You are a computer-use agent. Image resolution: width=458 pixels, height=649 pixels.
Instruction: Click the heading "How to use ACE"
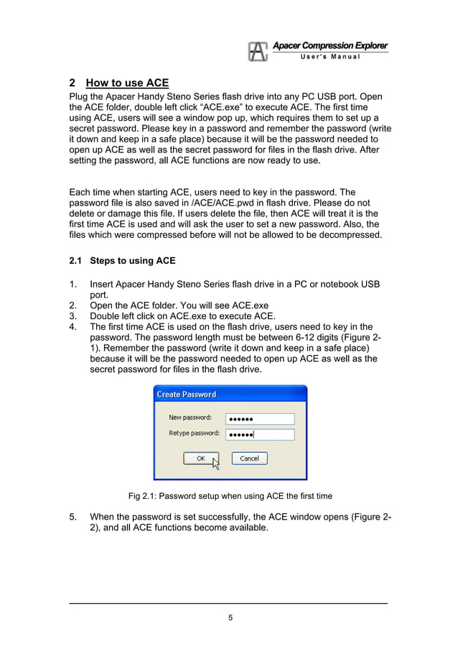click(126, 83)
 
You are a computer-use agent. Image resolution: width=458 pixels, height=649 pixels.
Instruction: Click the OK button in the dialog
click(201, 458)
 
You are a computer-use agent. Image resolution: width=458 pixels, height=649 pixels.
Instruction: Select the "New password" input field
click(260, 418)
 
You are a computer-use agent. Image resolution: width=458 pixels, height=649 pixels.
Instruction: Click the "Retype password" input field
click(260, 434)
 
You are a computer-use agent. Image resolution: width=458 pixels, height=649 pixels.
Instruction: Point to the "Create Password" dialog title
click(187, 395)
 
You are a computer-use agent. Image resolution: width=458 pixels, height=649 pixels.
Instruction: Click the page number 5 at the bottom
click(230, 617)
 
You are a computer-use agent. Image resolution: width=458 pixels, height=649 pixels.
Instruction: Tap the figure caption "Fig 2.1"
click(230, 496)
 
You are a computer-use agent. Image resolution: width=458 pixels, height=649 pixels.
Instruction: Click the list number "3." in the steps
click(73, 316)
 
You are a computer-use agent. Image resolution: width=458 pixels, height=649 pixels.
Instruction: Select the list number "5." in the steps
click(73, 516)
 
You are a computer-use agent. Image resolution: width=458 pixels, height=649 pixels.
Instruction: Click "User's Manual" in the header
click(330, 57)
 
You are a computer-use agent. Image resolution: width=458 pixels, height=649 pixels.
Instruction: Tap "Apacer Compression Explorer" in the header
click(330, 46)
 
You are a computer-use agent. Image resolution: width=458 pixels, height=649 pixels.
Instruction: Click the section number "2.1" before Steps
click(75, 260)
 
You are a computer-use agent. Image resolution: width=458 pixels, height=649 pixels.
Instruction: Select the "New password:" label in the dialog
click(190, 418)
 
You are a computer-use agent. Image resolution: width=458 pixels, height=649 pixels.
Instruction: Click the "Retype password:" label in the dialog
click(195, 433)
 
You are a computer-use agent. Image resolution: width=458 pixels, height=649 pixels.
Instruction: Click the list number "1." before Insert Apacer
click(73, 285)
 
